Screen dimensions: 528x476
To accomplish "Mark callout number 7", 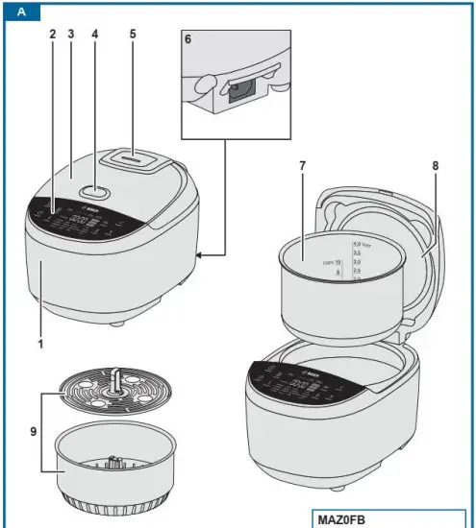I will click(x=302, y=165).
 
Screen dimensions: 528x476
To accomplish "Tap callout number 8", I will click(x=435, y=165).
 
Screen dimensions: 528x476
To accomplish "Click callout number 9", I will click(x=36, y=431).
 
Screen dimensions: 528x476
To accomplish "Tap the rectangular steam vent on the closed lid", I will click(x=135, y=156).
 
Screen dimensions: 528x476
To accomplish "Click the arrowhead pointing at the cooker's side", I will click(x=200, y=255).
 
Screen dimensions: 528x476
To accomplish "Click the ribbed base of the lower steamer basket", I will click(x=113, y=505).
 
